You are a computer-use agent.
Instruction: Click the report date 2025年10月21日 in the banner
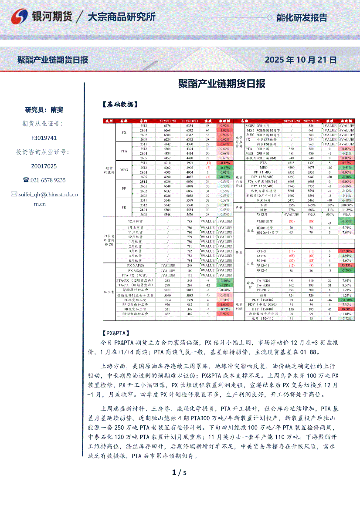point(301,60)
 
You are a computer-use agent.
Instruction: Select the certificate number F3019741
point(44,138)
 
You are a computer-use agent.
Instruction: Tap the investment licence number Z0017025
point(44,166)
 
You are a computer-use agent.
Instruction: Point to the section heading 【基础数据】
point(120,104)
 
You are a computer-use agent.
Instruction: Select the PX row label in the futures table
point(124,132)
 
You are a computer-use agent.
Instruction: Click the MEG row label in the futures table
point(124,170)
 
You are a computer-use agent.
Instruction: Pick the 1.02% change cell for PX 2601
point(225,130)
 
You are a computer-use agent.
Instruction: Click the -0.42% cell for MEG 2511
point(225,162)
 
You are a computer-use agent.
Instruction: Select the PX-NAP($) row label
point(136,265)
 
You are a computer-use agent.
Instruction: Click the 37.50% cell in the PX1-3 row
point(347,251)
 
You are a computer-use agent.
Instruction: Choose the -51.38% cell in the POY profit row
point(347,300)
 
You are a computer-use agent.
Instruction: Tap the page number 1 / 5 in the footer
point(179,472)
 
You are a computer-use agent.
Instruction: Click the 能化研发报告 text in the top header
point(302,17)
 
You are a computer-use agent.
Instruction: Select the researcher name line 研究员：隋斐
point(44,110)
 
